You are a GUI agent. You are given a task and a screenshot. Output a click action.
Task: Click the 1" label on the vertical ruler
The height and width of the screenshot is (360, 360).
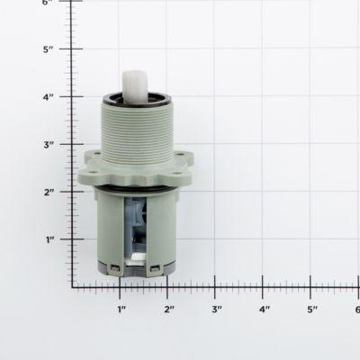(x=52, y=239)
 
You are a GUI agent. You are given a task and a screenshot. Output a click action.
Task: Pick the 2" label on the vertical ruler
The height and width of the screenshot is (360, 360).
(x=52, y=192)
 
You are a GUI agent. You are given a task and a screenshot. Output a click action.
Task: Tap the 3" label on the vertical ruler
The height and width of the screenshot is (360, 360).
(x=52, y=144)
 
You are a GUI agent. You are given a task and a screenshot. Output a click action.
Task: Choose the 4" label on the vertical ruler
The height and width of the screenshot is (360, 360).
(x=52, y=96)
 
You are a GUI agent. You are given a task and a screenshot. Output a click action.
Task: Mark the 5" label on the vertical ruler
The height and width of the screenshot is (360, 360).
(x=52, y=49)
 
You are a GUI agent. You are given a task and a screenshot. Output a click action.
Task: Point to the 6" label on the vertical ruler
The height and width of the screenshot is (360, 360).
(x=52, y=4)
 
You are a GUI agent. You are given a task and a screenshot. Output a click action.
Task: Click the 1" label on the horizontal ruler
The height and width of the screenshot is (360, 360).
(x=121, y=310)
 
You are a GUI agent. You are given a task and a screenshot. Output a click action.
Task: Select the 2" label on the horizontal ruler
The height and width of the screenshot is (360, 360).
(x=169, y=310)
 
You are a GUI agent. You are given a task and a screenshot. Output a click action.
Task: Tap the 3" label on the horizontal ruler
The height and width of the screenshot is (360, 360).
(x=217, y=310)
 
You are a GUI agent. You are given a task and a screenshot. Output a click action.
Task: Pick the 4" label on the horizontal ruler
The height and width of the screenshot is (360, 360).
(x=265, y=310)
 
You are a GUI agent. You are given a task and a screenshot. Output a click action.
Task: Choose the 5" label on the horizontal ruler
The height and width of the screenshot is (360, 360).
(x=312, y=310)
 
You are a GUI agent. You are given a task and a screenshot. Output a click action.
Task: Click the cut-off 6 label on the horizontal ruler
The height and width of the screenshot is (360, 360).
(x=356, y=310)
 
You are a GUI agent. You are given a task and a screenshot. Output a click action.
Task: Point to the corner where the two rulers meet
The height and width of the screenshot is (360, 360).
(x=73, y=287)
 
